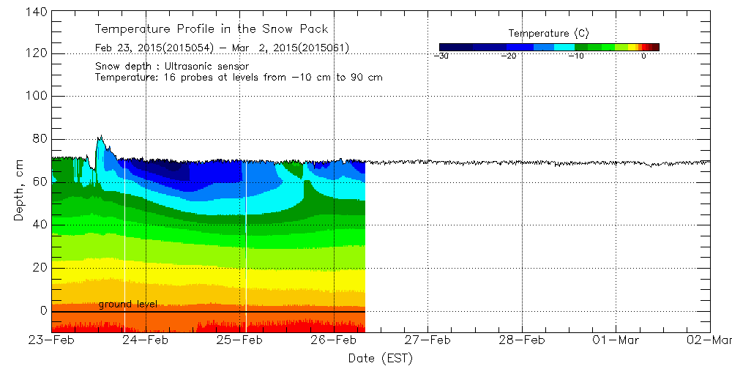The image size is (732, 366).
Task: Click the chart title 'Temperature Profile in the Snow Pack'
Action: [212, 29]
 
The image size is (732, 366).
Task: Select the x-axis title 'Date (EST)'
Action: [380, 358]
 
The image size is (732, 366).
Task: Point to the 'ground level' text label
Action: [127, 304]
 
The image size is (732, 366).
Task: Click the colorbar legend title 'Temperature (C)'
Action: [548, 33]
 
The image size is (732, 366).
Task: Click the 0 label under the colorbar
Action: [643, 56]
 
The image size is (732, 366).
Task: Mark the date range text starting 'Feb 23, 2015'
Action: [222, 48]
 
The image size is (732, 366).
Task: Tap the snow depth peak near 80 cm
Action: [100, 138]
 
